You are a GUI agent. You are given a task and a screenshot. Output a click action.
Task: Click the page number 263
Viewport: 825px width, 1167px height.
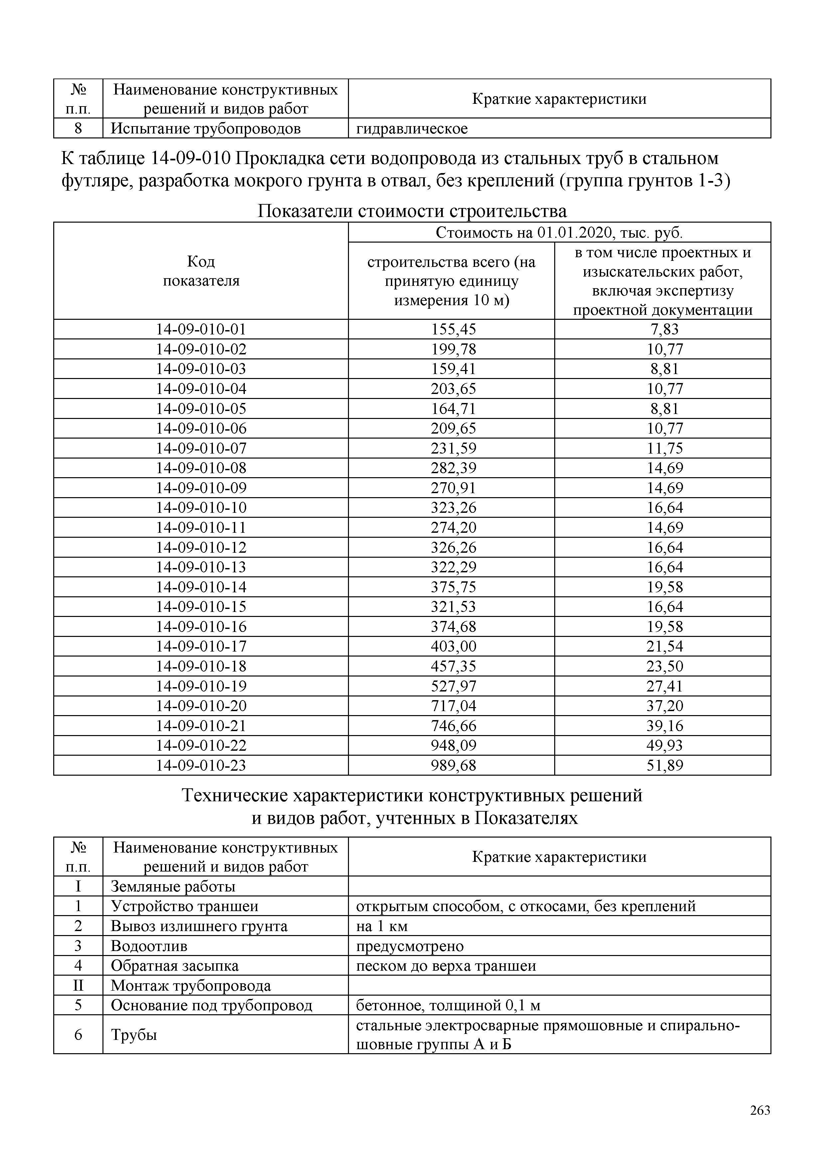pos(759,1110)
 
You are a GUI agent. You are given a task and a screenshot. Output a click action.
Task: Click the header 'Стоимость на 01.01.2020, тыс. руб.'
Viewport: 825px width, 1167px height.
pos(559,233)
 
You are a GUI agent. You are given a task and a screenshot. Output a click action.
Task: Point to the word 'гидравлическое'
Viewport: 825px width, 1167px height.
pos(412,128)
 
